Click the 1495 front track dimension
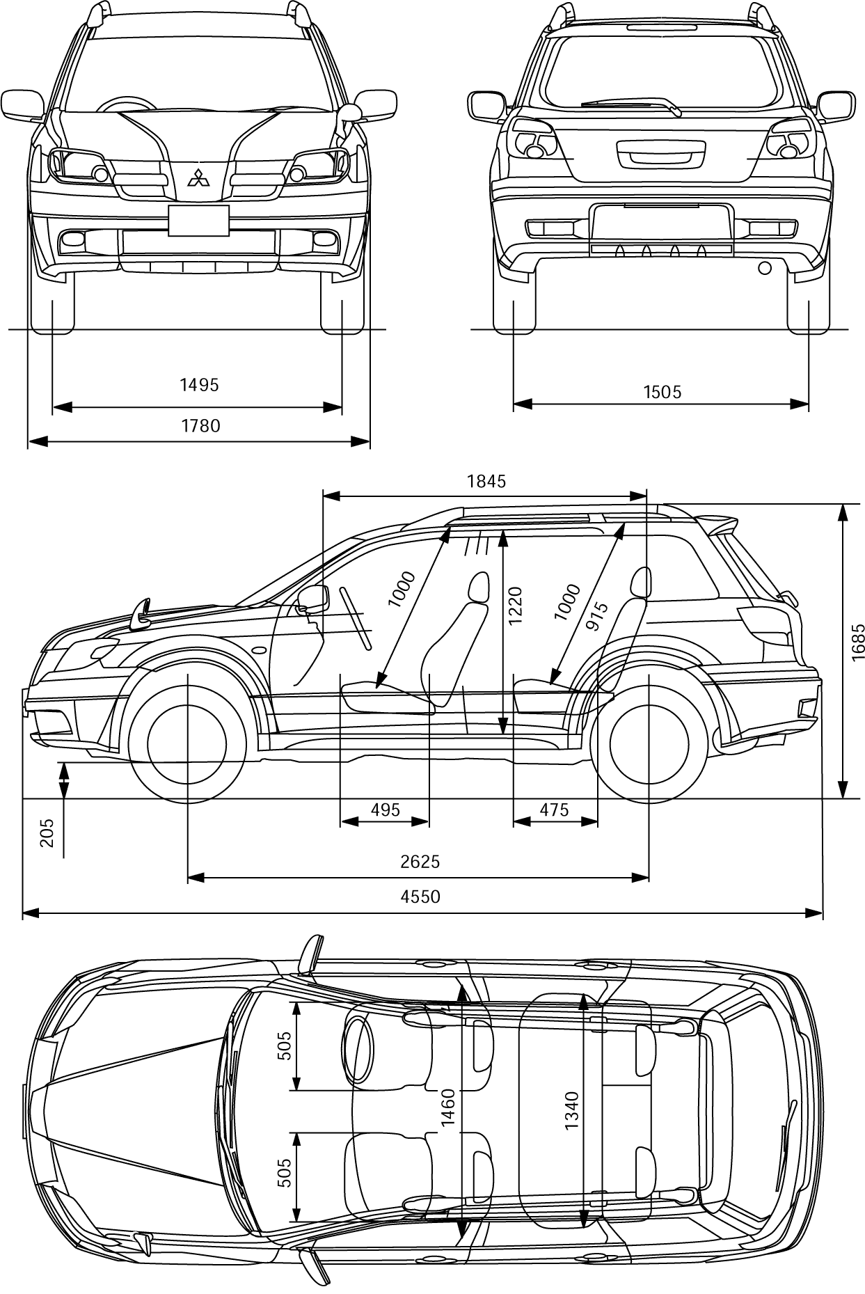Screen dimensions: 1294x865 click(x=199, y=385)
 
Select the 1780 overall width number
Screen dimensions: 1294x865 click(x=201, y=425)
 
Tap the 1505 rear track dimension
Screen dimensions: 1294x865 click(x=662, y=392)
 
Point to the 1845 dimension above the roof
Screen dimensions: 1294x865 click(x=486, y=481)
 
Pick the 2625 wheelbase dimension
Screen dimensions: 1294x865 click(x=420, y=862)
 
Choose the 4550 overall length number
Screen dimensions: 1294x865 click(x=420, y=897)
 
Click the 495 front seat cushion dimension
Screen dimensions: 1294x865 click(x=386, y=810)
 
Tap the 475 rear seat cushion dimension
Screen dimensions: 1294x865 click(x=555, y=810)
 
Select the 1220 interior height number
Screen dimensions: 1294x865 click(x=515, y=606)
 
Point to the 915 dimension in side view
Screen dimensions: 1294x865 click(x=597, y=616)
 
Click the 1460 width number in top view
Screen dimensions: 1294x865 click(x=447, y=1107)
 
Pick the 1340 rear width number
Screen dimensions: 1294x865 click(x=571, y=1111)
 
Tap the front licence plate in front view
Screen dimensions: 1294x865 click(x=199, y=220)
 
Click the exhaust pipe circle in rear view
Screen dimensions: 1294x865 click(x=764, y=267)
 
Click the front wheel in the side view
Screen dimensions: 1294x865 click(x=187, y=743)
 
